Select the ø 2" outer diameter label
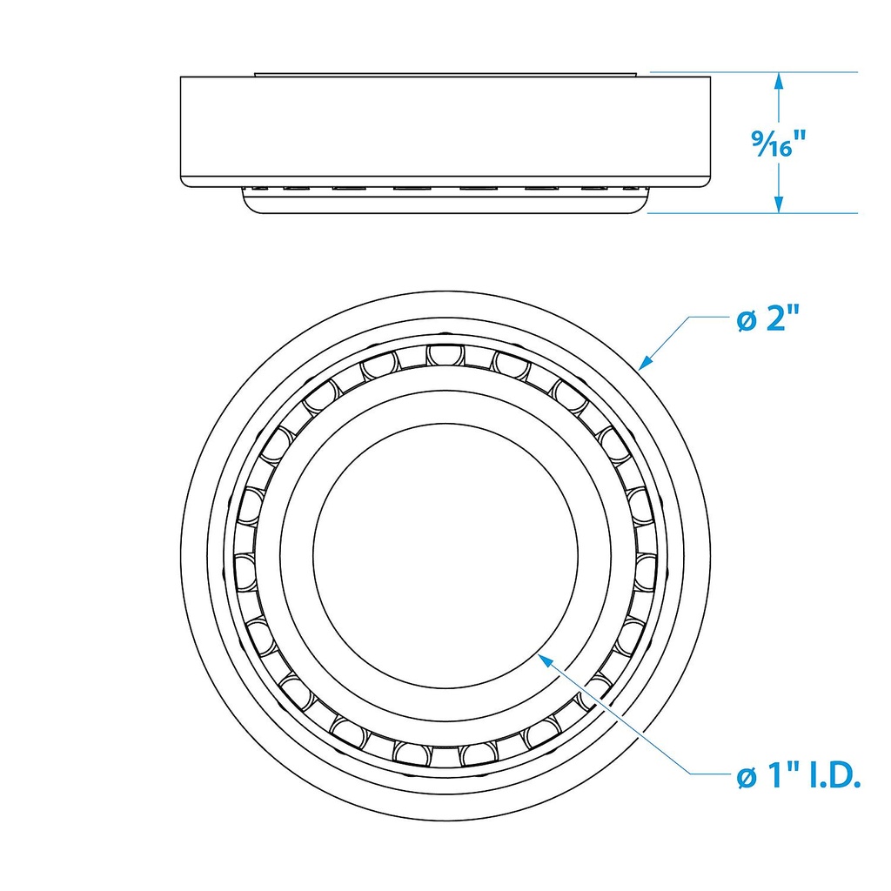tap(767, 320)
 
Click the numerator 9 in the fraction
tap(758, 136)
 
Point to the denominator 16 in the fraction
tap(777, 150)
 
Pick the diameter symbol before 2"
tap(745, 321)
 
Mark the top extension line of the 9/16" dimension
tap(754, 72)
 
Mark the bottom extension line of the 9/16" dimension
tap(754, 212)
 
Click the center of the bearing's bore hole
tap(445, 553)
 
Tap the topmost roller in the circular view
tap(443, 355)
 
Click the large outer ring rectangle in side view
tap(445, 129)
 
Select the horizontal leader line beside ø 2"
tap(707, 318)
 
